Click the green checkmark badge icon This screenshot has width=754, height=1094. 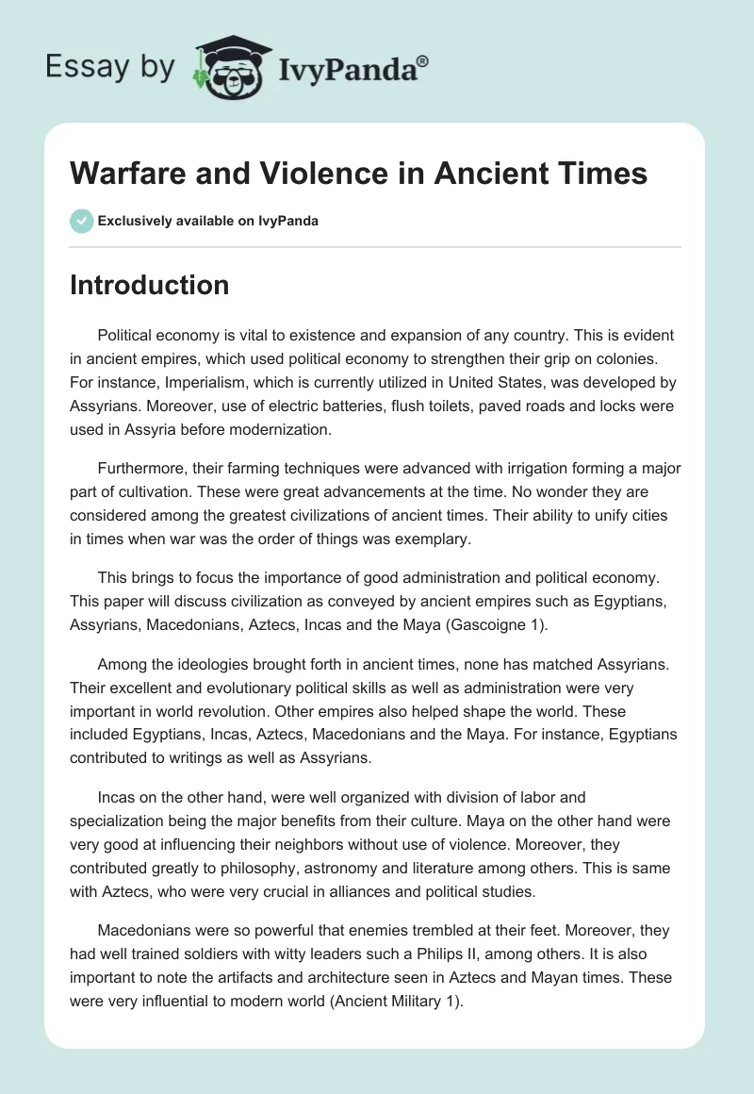pyautogui.click(x=81, y=221)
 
